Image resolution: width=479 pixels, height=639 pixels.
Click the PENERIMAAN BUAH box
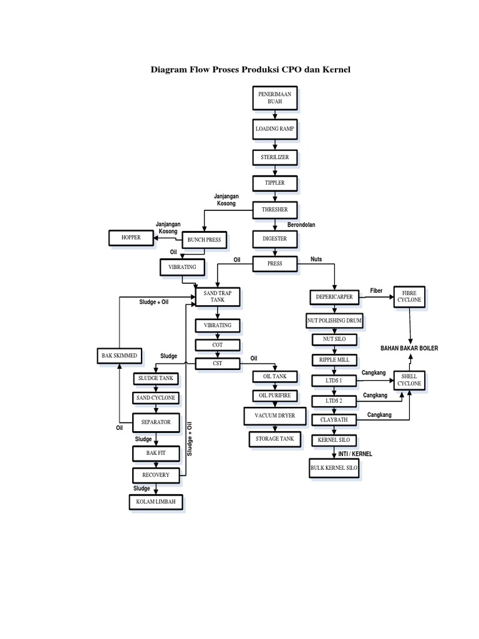pyautogui.click(x=274, y=97)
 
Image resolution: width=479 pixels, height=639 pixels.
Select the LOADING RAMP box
pyautogui.click(x=274, y=129)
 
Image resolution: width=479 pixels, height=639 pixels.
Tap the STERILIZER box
pyautogui.click(x=274, y=157)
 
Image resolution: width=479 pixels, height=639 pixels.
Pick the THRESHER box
pyautogui.click(x=274, y=211)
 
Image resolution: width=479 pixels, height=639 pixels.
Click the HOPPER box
pyautogui.click(x=131, y=238)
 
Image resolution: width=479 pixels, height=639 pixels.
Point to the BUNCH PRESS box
pyautogui.click(x=204, y=240)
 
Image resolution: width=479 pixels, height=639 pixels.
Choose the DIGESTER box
pyautogui.click(x=274, y=238)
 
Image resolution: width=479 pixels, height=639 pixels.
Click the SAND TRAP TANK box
pyautogui.click(x=217, y=296)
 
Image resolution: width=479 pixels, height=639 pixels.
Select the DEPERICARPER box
pyautogui.click(x=334, y=297)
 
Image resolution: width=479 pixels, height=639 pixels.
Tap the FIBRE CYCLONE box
pyautogui.click(x=409, y=296)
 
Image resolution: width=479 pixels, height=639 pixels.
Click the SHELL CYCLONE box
pyautogui.click(x=409, y=380)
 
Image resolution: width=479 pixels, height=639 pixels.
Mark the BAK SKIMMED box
pyautogui.click(x=119, y=356)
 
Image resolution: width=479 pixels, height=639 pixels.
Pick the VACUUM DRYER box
pyautogui.click(x=274, y=416)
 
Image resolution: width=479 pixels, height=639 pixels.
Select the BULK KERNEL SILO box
pyautogui.click(x=334, y=468)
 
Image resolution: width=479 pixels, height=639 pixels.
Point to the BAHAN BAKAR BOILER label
pyautogui.click(x=410, y=348)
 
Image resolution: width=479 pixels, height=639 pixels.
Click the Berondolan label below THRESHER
pyautogui.click(x=301, y=225)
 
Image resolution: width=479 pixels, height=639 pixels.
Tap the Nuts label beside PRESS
pyautogui.click(x=316, y=259)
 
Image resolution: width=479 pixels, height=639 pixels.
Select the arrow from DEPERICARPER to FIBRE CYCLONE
pyautogui.click(x=377, y=297)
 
